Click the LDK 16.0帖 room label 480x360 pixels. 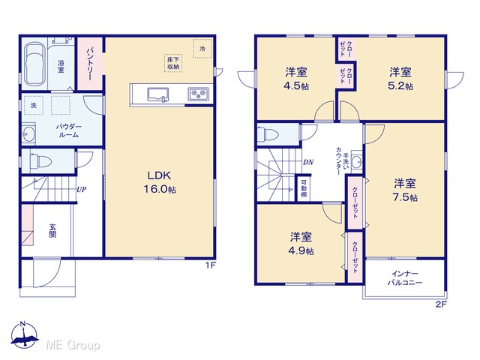coord(160,182)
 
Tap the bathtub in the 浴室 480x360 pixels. coord(34,64)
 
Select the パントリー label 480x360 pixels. coord(90,64)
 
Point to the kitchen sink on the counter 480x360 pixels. coord(158,94)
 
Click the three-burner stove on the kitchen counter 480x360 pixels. coord(199,94)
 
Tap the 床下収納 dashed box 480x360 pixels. coord(173,63)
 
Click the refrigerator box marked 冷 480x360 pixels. coord(202,48)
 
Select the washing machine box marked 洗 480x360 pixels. coord(33,105)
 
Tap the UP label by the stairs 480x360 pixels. coord(82,190)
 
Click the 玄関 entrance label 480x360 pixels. coord(52,231)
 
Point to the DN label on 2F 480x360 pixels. coord(308,162)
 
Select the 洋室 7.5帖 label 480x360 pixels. coord(405,190)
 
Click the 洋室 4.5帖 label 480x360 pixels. coord(296,79)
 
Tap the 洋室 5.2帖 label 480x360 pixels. coord(400,79)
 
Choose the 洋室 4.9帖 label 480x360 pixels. coord(301,244)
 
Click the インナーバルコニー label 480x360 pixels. coord(405,278)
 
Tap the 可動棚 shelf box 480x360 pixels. coord(303,188)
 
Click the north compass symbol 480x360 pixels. coord(25,335)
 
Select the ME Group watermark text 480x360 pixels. coord(73,346)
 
